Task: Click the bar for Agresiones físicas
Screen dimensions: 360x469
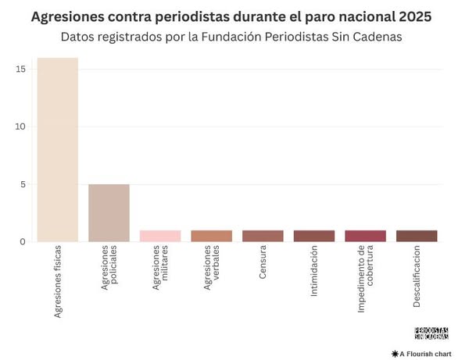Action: click(x=57, y=150)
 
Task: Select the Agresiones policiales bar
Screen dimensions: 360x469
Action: click(x=109, y=213)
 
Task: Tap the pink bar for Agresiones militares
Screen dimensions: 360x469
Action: click(x=160, y=236)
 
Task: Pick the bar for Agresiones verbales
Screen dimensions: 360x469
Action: click(x=211, y=236)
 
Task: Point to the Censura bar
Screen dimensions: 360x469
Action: click(x=263, y=236)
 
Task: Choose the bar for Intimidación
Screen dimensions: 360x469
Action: click(x=313, y=236)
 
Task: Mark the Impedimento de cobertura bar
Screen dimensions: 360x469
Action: click(x=365, y=236)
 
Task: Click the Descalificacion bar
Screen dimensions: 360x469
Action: click(x=417, y=236)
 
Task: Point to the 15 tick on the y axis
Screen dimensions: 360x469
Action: click(x=21, y=70)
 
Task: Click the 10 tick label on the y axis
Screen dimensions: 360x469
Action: click(x=21, y=127)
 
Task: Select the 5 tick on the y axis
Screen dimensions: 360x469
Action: click(x=24, y=184)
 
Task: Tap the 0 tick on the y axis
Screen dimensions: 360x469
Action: click(x=24, y=242)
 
